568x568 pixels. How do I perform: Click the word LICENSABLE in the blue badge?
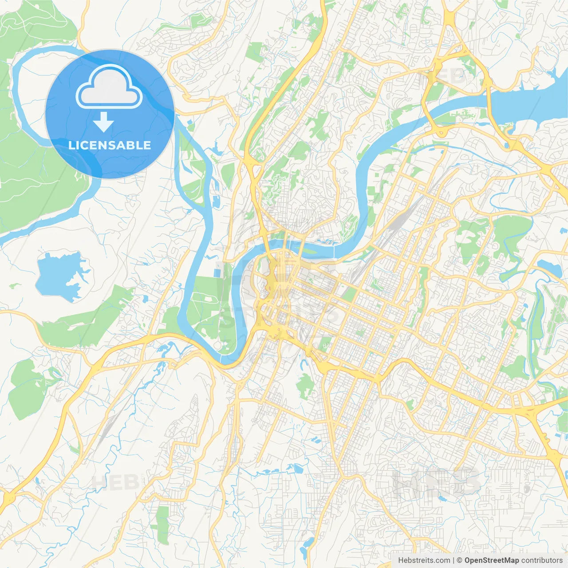coord(110,145)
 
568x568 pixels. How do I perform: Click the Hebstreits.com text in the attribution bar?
coord(424,560)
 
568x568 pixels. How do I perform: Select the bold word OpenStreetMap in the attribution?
coord(491,560)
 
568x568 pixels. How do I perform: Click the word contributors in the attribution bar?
coord(542,560)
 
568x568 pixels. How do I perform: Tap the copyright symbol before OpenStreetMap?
coord(459,560)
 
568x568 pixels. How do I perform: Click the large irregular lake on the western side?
coord(60,275)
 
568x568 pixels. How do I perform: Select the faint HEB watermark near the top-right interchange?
coord(444,76)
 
